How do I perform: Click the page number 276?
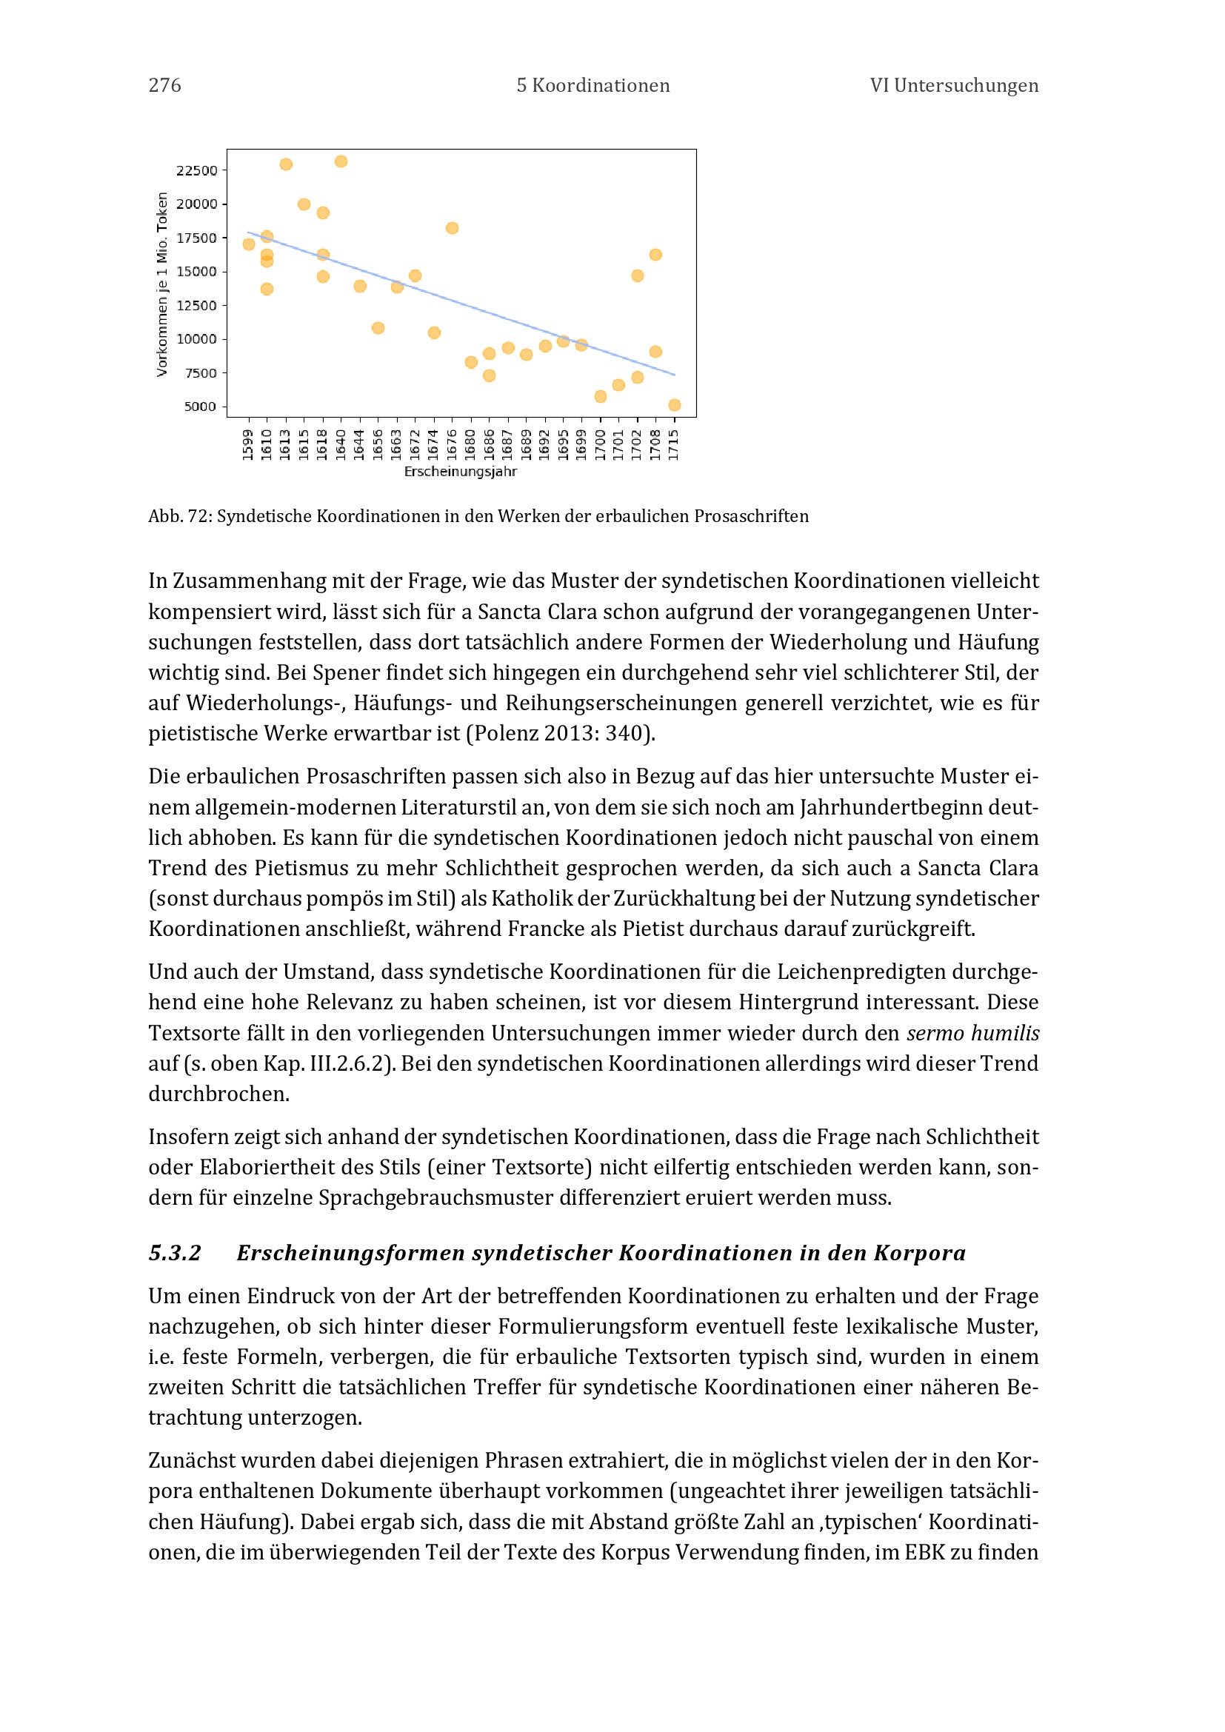click(164, 85)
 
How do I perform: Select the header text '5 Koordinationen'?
click(593, 85)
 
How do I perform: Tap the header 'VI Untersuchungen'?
click(953, 85)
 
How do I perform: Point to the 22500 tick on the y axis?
click(196, 170)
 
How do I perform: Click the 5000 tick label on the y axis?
click(200, 407)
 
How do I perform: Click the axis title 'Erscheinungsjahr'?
click(460, 472)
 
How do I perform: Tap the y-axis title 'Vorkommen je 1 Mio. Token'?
click(162, 284)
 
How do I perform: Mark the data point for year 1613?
click(286, 164)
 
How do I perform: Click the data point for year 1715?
click(675, 405)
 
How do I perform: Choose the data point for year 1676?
click(452, 228)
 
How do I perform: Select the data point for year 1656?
click(378, 327)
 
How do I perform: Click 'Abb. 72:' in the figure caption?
click(180, 516)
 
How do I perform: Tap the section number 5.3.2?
click(175, 1253)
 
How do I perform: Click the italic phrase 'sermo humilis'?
click(972, 1033)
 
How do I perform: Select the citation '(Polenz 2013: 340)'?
click(559, 733)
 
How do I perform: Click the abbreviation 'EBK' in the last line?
click(924, 1552)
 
